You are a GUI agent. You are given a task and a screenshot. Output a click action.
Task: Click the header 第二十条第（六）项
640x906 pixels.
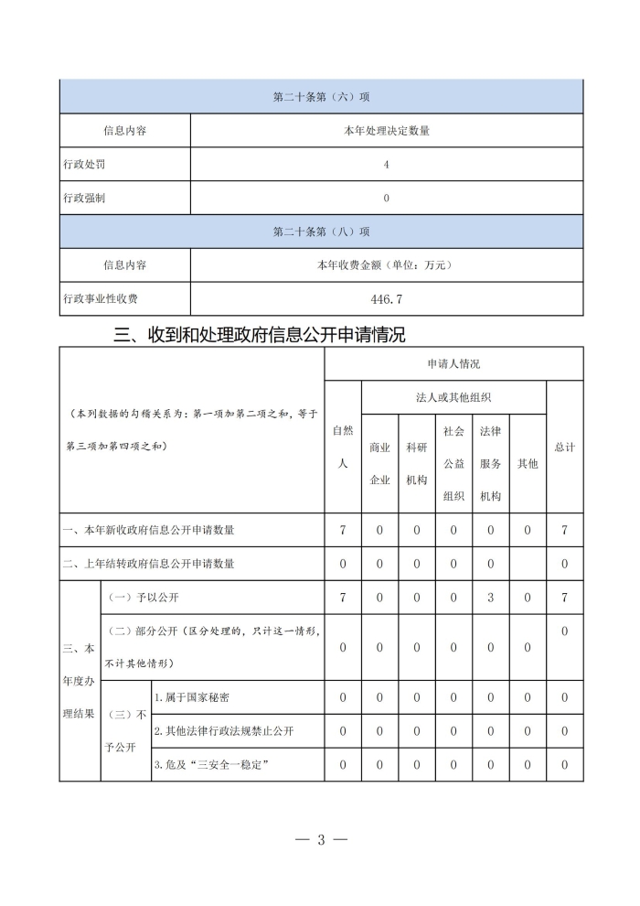point(321,97)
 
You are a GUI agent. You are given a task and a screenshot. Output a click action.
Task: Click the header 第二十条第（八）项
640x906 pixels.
point(321,232)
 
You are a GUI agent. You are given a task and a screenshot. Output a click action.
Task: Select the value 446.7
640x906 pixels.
point(386,298)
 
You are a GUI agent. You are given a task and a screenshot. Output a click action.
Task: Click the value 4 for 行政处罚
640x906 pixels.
point(386,164)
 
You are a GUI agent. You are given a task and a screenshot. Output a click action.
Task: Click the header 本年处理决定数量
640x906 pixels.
point(386,131)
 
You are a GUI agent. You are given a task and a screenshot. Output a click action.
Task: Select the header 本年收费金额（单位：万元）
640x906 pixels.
point(386,265)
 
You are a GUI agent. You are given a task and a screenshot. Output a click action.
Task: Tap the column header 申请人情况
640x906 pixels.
point(453,364)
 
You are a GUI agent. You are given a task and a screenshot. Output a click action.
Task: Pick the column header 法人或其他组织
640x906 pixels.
point(453,397)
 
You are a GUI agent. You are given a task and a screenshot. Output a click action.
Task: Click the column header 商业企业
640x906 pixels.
point(379,463)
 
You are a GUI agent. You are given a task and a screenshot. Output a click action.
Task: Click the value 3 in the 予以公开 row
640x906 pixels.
point(491,598)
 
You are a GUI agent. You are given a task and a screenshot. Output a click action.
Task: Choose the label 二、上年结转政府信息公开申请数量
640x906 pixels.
point(148,564)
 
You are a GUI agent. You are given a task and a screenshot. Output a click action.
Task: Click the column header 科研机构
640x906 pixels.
point(417,463)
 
